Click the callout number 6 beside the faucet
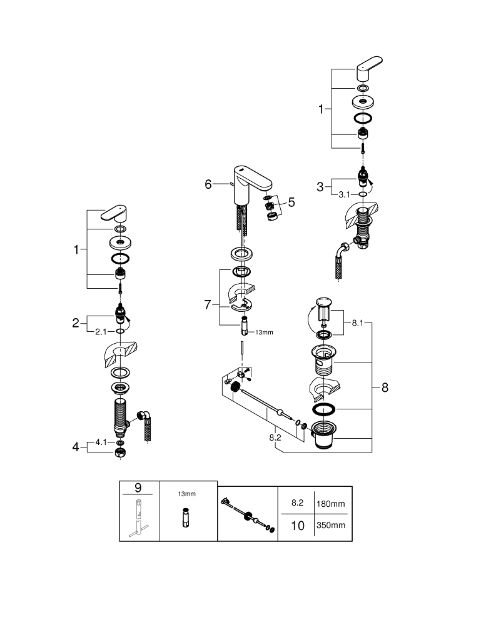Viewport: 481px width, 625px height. [208, 184]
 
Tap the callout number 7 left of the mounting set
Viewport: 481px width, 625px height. [208, 304]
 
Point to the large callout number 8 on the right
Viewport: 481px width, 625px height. [385, 387]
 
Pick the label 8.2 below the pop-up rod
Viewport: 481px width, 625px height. [275, 438]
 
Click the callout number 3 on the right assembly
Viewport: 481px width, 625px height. [320, 186]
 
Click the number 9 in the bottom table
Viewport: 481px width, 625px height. [139, 487]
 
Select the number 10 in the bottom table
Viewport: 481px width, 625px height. [298, 526]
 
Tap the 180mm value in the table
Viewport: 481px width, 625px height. [332, 504]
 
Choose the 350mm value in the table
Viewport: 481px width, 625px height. [332, 526]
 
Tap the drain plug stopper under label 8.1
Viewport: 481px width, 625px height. [324, 310]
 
